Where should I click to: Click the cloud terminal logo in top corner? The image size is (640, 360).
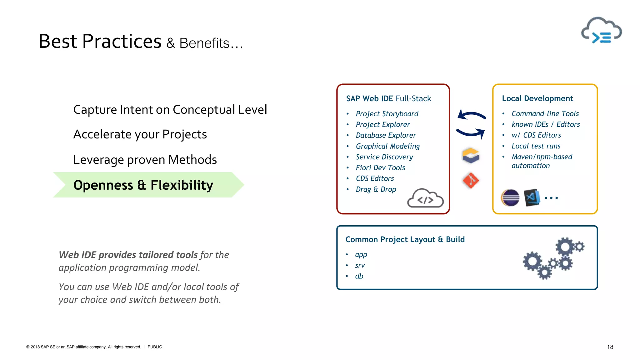[602, 31]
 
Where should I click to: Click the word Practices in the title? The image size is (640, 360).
[122, 42]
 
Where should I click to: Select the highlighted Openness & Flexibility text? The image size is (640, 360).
[143, 185]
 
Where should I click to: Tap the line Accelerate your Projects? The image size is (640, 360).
[140, 134]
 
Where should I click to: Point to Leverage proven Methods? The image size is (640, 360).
[145, 160]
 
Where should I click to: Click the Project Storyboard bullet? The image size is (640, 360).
[387, 114]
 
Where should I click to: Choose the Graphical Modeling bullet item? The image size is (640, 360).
[387, 146]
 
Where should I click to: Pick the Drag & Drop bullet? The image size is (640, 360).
[376, 189]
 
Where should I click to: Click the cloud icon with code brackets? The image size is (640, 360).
[425, 198]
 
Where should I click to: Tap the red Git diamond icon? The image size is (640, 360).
[471, 180]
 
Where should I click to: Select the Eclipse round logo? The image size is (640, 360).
[510, 198]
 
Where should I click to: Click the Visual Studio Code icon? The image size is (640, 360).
[532, 197]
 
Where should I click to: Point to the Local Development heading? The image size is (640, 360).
[537, 98]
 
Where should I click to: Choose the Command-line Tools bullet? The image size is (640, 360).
[545, 114]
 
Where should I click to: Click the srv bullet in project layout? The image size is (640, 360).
[360, 266]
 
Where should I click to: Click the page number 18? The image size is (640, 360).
[610, 347]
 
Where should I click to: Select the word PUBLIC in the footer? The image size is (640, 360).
[155, 347]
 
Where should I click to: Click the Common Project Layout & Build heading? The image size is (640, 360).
[405, 239]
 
